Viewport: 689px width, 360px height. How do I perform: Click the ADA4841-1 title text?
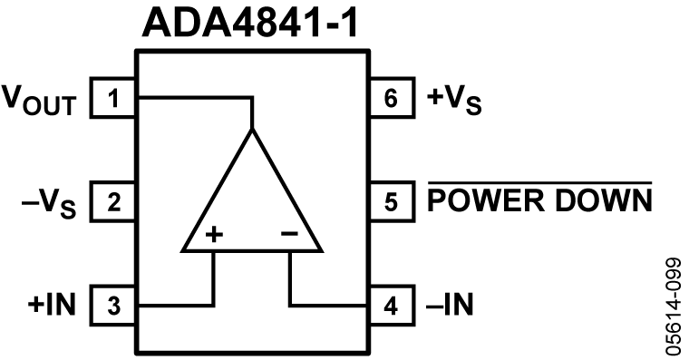(x=249, y=23)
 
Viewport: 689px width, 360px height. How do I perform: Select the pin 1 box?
(x=113, y=98)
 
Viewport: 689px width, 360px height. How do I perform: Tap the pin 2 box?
(x=113, y=201)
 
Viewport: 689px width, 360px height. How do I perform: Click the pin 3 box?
(x=113, y=306)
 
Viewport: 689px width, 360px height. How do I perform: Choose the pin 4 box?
(x=392, y=306)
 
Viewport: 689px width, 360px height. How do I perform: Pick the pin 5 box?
(x=392, y=201)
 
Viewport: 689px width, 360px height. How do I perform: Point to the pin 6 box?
(x=392, y=98)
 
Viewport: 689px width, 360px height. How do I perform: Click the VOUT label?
(x=40, y=100)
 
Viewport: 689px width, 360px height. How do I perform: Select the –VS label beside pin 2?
(x=49, y=203)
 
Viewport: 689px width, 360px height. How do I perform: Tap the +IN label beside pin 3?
(x=52, y=304)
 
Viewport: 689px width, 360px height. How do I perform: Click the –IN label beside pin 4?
(x=450, y=304)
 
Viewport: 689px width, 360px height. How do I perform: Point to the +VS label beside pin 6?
(x=454, y=100)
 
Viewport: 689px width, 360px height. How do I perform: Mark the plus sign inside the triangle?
(x=214, y=234)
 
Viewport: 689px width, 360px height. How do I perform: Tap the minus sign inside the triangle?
(x=289, y=233)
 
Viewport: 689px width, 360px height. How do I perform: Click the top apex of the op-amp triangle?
(x=252, y=129)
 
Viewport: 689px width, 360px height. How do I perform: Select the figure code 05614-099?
(x=673, y=306)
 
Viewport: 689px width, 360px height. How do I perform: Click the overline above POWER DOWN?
(x=539, y=182)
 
